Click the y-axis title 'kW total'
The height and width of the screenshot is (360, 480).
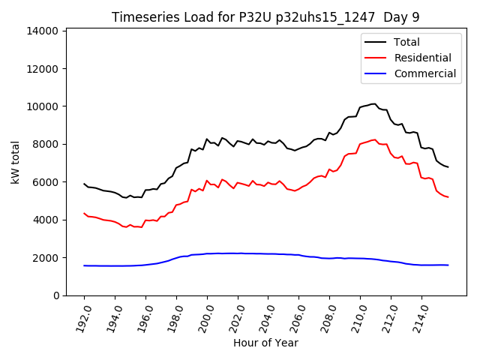16,162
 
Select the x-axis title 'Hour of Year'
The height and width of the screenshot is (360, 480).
266,343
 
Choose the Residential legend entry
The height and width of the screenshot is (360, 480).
422,58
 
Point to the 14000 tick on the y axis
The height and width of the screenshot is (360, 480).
43,31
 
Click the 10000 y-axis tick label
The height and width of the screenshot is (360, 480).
43,106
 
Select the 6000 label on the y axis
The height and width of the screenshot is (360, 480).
46,182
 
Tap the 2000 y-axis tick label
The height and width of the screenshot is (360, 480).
46,258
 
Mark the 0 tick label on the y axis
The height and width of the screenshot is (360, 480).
56,295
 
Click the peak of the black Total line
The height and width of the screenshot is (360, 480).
374,103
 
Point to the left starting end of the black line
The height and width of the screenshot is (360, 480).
84,184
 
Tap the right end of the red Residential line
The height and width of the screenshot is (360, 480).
448,197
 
